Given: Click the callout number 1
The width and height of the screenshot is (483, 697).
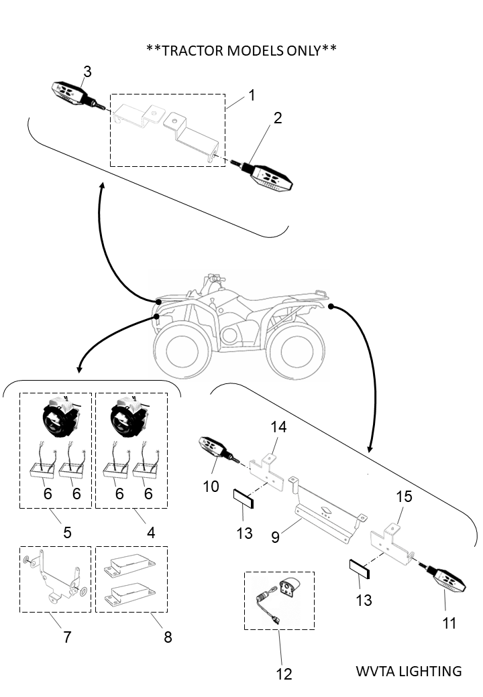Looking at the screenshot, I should click(252, 95).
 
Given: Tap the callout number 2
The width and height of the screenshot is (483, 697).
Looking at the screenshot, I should click(278, 119).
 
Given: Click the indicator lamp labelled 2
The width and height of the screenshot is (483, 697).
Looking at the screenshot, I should click(271, 176).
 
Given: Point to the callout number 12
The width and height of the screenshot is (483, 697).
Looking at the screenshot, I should click(284, 674).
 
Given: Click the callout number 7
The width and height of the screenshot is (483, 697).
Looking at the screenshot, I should click(67, 637).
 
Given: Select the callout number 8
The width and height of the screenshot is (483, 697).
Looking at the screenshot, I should click(168, 637).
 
